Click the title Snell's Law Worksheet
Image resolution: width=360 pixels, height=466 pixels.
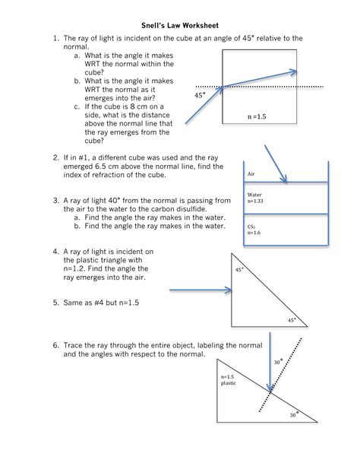pyautogui.click(x=180, y=24)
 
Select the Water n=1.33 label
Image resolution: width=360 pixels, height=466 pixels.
pyautogui.click(x=254, y=198)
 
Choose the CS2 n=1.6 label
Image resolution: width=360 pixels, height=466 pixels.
pyautogui.click(x=251, y=230)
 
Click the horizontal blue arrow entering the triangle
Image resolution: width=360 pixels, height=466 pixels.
pyautogui.click(x=200, y=290)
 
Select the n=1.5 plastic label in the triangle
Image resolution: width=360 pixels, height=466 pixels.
pyautogui.click(x=229, y=380)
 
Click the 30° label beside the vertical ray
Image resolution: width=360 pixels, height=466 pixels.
pyautogui.click(x=279, y=363)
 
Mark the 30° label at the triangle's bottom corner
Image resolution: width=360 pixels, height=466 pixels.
pyautogui.click(x=293, y=415)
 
